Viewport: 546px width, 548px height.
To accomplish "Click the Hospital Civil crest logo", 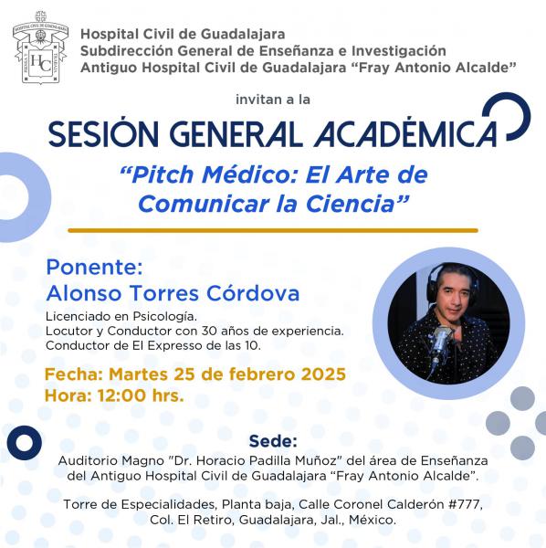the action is coord(40,47).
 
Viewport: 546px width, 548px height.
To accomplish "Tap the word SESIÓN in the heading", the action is coord(103,134).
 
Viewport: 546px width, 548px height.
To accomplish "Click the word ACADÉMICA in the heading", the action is coord(405,134).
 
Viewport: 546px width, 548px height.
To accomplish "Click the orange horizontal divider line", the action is coord(273,230).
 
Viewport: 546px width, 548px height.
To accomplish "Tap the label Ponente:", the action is coord(94,268).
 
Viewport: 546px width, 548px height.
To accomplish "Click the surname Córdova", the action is coord(253,293).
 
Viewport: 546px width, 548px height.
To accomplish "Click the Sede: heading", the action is coord(273,441).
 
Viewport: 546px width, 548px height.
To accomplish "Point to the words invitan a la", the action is coord(273,100).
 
